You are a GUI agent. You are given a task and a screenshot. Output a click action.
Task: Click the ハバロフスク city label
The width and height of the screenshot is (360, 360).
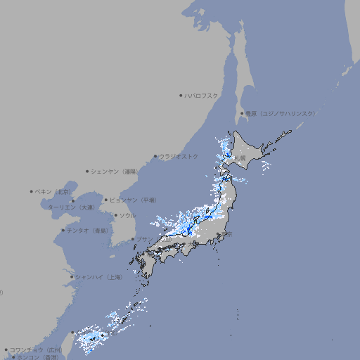[x=201, y=95]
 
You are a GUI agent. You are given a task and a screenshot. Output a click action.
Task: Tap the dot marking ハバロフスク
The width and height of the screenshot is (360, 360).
[x=181, y=95]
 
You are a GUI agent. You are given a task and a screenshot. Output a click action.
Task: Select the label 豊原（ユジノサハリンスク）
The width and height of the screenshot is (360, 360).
[x=280, y=113]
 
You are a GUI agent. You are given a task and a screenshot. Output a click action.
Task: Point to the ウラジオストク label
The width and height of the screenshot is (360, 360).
[x=179, y=156]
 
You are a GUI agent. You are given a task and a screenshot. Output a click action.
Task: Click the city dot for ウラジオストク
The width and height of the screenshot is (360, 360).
[x=155, y=156]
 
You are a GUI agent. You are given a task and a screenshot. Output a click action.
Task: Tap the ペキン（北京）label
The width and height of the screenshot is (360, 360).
[x=53, y=191]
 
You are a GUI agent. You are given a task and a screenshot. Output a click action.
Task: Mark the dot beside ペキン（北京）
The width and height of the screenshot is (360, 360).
[x=32, y=191]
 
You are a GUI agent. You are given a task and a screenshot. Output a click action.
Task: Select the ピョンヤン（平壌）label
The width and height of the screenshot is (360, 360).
[x=133, y=200]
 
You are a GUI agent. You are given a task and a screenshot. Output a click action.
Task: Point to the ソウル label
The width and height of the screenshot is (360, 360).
[x=127, y=215]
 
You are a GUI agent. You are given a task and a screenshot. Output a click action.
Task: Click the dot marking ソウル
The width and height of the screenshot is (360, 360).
[x=115, y=215]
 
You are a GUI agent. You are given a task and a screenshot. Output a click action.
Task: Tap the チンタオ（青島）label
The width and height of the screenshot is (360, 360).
[x=87, y=230]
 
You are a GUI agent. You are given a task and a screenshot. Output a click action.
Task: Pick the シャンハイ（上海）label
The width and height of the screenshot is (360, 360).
[x=98, y=277]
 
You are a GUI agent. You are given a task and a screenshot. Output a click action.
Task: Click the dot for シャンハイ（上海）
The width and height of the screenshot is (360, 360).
[x=72, y=277]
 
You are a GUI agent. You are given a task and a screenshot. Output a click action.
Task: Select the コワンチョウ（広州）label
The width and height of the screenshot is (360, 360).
[x=35, y=349]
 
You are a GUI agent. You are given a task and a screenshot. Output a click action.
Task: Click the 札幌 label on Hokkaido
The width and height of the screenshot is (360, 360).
[x=240, y=158]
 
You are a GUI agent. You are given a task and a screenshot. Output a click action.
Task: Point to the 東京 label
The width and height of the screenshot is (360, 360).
[x=227, y=234]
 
